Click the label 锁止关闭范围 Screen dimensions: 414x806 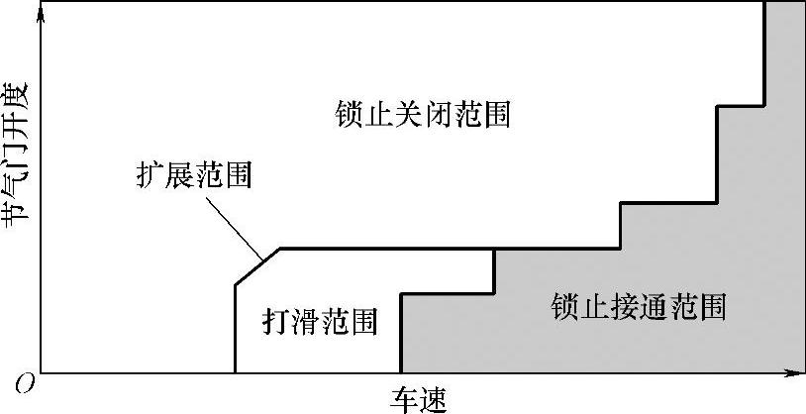423,115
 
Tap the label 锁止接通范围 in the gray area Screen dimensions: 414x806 639,307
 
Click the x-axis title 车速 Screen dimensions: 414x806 417,399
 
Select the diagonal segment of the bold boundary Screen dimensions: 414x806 257,266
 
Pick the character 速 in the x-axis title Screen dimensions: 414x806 432,399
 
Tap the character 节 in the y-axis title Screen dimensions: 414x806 17,213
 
